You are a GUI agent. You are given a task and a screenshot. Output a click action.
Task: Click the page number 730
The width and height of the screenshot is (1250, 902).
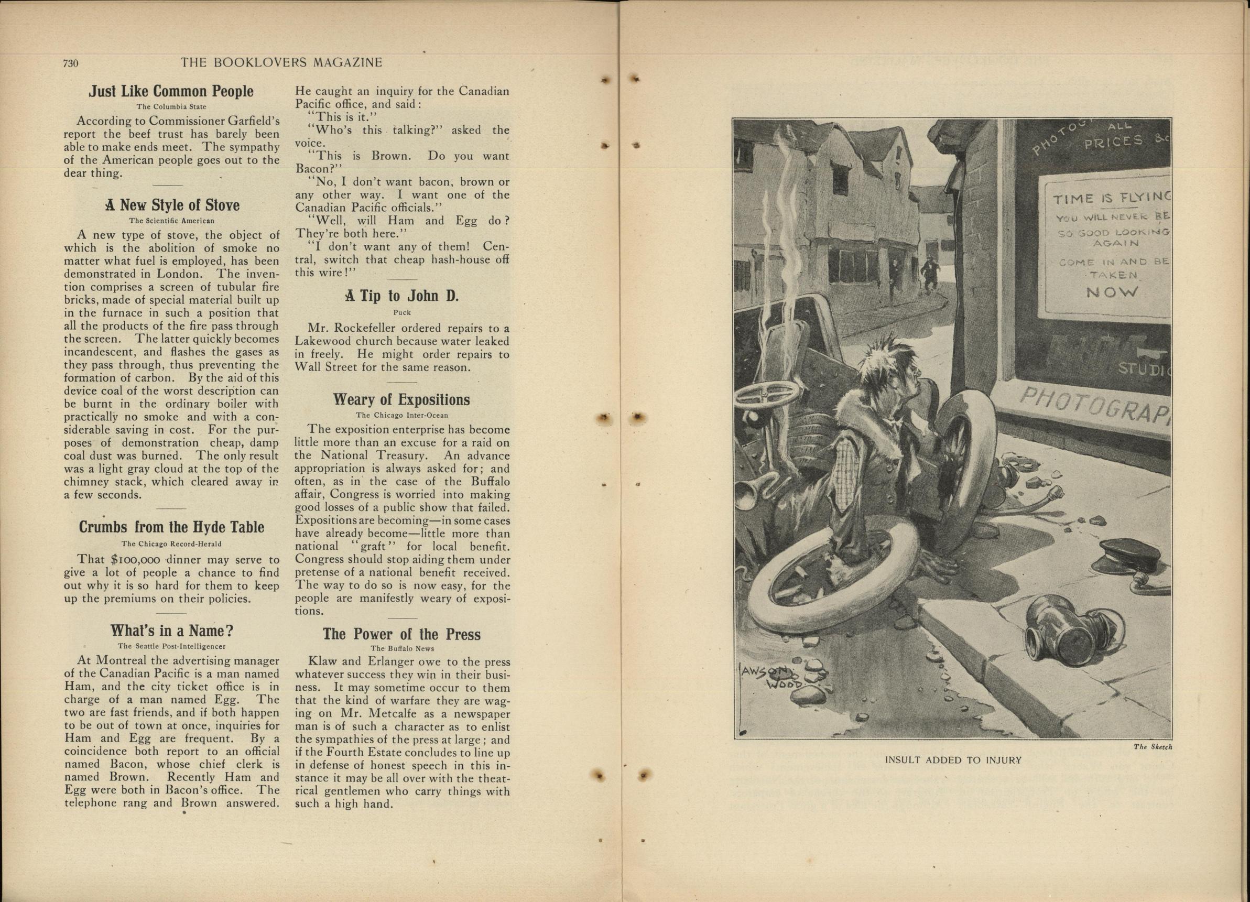click(x=71, y=63)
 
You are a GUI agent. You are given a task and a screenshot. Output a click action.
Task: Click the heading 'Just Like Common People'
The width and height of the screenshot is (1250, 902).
click(x=171, y=92)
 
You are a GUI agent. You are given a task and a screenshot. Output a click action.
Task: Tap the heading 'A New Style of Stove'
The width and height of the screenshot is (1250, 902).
click(x=172, y=205)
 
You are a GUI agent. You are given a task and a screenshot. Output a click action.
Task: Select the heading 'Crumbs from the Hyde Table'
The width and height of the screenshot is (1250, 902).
click(x=171, y=527)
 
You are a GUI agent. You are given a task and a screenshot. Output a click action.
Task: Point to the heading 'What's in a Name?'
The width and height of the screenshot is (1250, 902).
click(x=171, y=631)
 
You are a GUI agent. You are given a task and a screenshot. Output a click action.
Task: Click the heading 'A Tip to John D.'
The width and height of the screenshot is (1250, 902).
click(x=402, y=297)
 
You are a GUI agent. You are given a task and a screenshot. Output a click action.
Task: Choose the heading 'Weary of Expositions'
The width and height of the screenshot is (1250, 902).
click(x=401, y=399)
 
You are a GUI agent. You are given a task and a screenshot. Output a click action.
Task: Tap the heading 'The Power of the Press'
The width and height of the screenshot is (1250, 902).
click(x=401, y=634)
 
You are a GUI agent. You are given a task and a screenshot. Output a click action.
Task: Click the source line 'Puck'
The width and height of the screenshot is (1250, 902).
click(x=402, y=312)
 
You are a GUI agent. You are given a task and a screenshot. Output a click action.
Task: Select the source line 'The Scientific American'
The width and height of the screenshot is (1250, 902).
click(x=171, y=221)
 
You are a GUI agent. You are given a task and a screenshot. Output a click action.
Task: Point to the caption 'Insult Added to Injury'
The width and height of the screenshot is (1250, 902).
click(x=953, y=760)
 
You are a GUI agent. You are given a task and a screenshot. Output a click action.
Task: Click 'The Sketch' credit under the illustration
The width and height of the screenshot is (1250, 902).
click(x=1153, y=747)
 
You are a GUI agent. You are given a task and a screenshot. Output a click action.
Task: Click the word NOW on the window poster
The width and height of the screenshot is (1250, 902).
click(x=1112, y=292)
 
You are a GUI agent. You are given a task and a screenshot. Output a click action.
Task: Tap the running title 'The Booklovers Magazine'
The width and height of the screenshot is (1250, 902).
click(x=281, y=63)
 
